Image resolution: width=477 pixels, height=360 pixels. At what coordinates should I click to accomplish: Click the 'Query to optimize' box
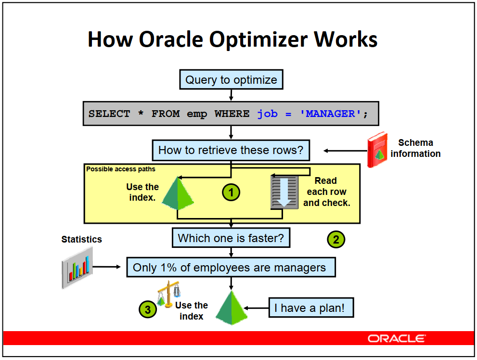(x=231, y=80)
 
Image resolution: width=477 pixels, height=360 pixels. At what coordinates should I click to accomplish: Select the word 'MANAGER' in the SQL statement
(x=330, y=114)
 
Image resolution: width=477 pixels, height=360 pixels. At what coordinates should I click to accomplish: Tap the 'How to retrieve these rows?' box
(x=231, y=150)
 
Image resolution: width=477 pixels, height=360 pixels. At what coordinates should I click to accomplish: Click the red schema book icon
(x=377, y=150)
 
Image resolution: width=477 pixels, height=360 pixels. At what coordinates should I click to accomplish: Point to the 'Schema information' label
(x=415, y=148)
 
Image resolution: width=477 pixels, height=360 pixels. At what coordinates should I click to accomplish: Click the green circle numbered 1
(x=231, y=192)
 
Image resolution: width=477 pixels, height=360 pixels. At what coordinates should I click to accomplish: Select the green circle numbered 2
(x=336, y=239)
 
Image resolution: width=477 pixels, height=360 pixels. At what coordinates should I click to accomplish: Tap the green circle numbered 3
(x=148, y=309)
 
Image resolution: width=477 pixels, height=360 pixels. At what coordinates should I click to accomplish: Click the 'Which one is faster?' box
(x=231, y=238)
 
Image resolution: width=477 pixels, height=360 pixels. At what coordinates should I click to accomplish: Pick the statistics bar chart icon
(x=77, y=268)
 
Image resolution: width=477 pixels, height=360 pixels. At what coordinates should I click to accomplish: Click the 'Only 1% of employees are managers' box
(x=231, y=267)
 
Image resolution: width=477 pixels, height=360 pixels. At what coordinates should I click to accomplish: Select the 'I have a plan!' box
(x=311, y=308)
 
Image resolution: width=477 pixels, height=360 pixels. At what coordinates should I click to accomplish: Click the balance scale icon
(x=168, y=294)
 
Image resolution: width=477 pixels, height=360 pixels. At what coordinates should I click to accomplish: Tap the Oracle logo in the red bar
(x=397, y=338)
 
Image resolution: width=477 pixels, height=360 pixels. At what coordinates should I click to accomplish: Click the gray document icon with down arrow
(x=284, y=192)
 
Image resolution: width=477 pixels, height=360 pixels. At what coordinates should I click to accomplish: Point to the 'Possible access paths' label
(x=121, y=169)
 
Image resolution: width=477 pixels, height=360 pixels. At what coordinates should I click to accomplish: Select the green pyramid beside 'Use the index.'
(x=178, y=193)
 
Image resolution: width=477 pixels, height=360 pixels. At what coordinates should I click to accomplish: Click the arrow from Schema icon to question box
(x=345, y=151)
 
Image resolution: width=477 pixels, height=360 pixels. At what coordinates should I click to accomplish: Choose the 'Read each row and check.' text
(x=326, y=192)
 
